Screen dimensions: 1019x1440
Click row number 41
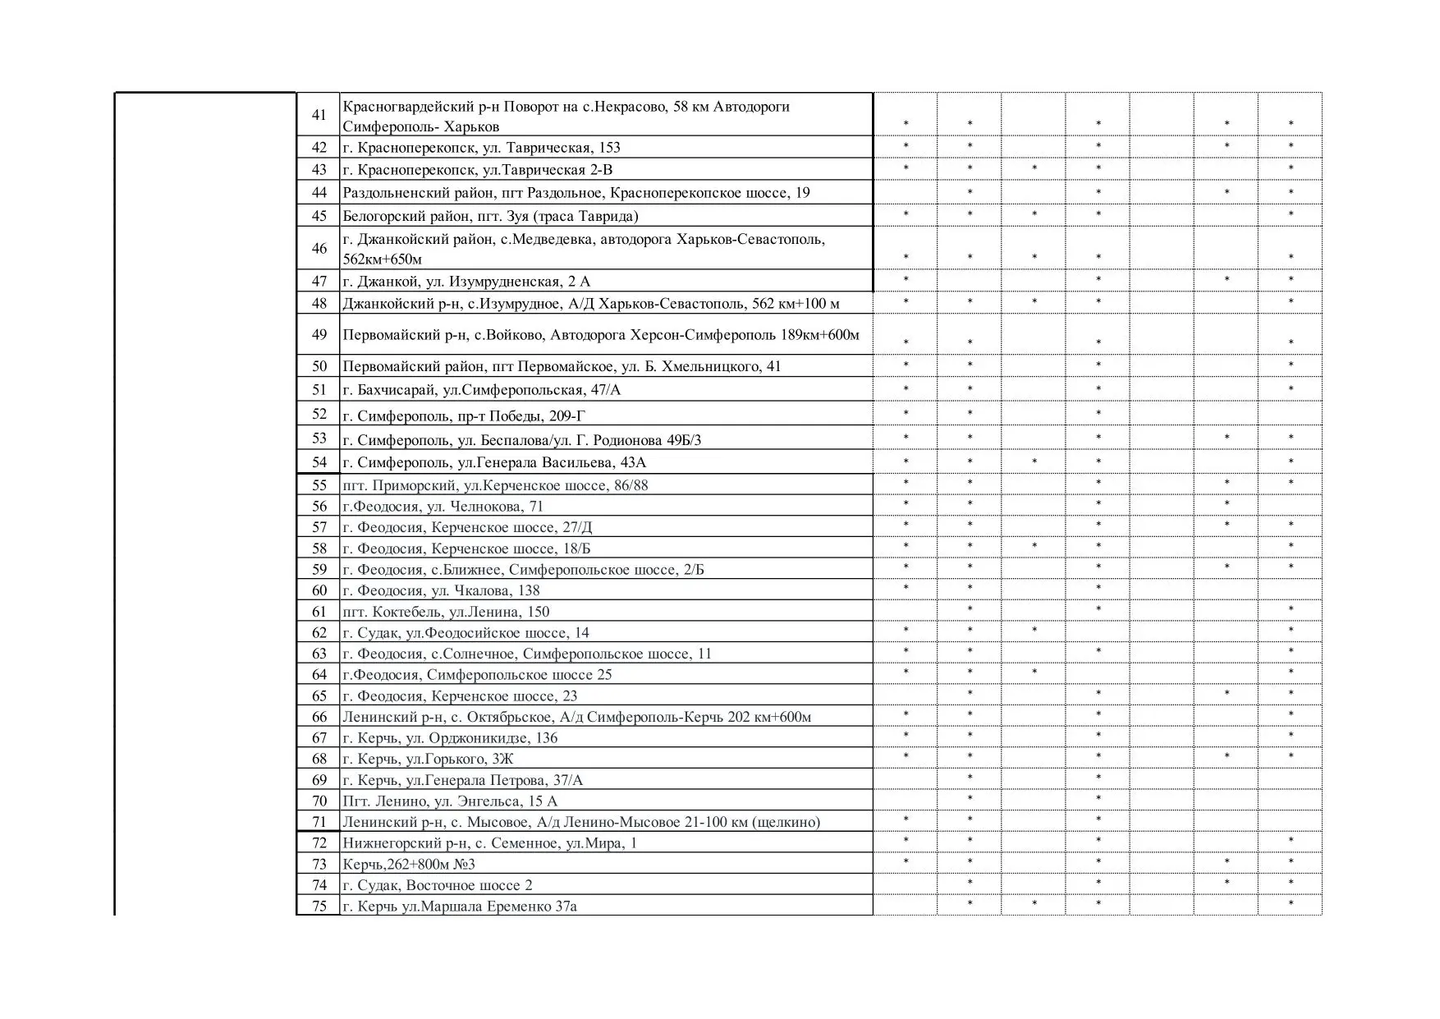click(x=319, y=115)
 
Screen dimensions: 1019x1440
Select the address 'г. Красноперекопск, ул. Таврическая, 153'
click(x=481, y=148)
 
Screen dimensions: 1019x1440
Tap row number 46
click(x=319, y=248)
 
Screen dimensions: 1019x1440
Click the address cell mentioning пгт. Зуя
click(x=490, y=216)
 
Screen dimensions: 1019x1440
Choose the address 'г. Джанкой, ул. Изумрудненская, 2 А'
click(x=466, y=282)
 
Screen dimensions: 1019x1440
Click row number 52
click(x=319, y=414)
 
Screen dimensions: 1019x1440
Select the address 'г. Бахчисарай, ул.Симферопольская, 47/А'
click(x=481, y=390)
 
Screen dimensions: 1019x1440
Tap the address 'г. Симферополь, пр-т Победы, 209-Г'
click(x=464, y=416)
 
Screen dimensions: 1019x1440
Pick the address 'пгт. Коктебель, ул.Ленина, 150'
click(x=446, y=612)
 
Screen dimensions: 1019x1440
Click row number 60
click(x=319, y=590)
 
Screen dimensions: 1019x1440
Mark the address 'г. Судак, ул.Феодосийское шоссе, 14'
click(x=465, y=633)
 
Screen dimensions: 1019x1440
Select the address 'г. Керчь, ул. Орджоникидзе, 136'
click(x=450, y=738)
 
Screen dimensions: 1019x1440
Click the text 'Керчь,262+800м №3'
click(x=409, y=865)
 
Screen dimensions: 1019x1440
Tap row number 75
click(x=319, y=907)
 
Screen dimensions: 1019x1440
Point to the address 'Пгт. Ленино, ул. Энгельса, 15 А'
click(x=450, y=801)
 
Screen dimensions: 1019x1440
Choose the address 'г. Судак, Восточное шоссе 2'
click(x=438, y=885)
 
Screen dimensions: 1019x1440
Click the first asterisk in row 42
click(x=906, y=146)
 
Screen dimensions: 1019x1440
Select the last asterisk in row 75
click(x=1291, y=904)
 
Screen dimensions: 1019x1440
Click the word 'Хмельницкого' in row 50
click(x=717, y=366)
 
